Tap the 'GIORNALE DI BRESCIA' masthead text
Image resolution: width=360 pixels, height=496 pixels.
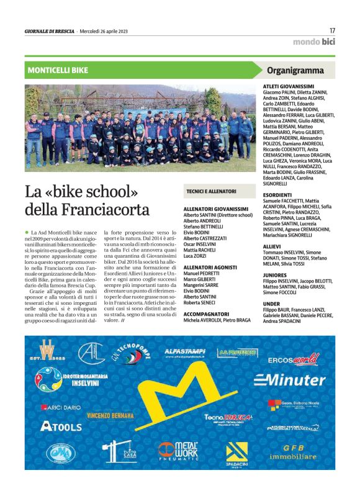click(50, 31)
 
